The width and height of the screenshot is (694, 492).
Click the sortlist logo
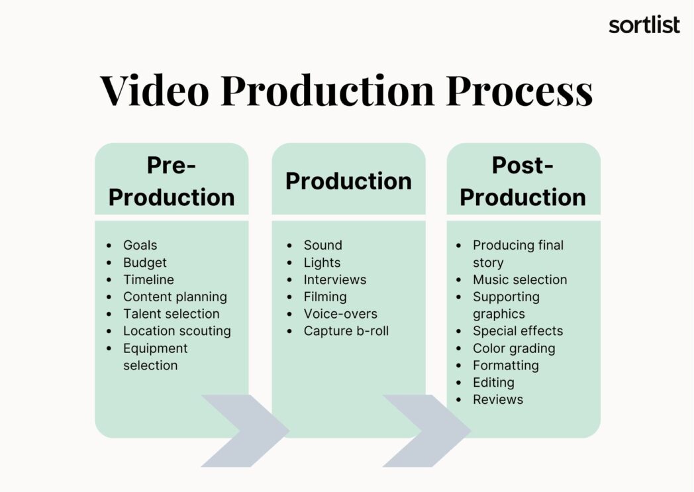(x=644, y=25)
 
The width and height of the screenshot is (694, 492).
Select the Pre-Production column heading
(x=172, y=181)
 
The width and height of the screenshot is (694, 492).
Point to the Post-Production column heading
(x=522, y=181)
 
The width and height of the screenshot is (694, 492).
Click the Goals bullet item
(x=140, y=245)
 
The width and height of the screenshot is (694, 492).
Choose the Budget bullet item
(x=144, y=262)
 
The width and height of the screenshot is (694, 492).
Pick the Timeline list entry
(x=148, y=279)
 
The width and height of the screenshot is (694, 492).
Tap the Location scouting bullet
(x=177, y=331)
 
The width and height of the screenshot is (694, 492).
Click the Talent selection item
(x=171, y=314)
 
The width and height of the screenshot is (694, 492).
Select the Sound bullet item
(x=322, y=245)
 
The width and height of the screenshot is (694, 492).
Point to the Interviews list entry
(x=334, y=279)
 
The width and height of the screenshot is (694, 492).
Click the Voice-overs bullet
(x=340, y=314)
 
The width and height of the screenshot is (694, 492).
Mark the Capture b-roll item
(x=346, y=331)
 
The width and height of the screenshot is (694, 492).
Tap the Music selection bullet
(x=519, y=279)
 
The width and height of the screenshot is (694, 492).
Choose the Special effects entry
(x=517, y=331)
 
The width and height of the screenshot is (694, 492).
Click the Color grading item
(x=513, y=348)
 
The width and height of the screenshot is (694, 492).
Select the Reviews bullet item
(x=497, y=399)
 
